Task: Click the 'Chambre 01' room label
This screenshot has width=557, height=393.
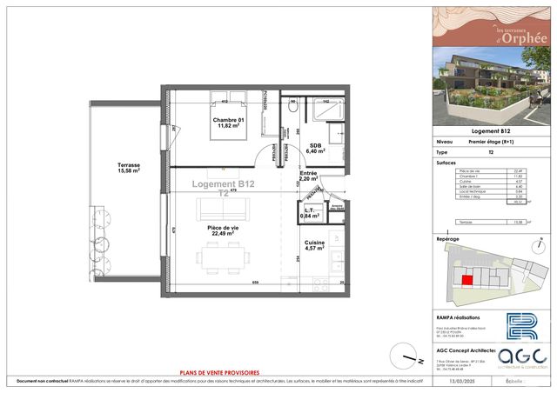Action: (x=228, y=121)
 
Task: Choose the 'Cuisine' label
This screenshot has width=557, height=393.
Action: (x=314, y=244)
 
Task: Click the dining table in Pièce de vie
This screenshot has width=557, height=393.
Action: (x=221, y=254)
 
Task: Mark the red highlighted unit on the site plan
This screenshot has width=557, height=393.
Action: (x=468, y=280)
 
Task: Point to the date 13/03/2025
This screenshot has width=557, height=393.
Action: (x=452, y=380)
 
